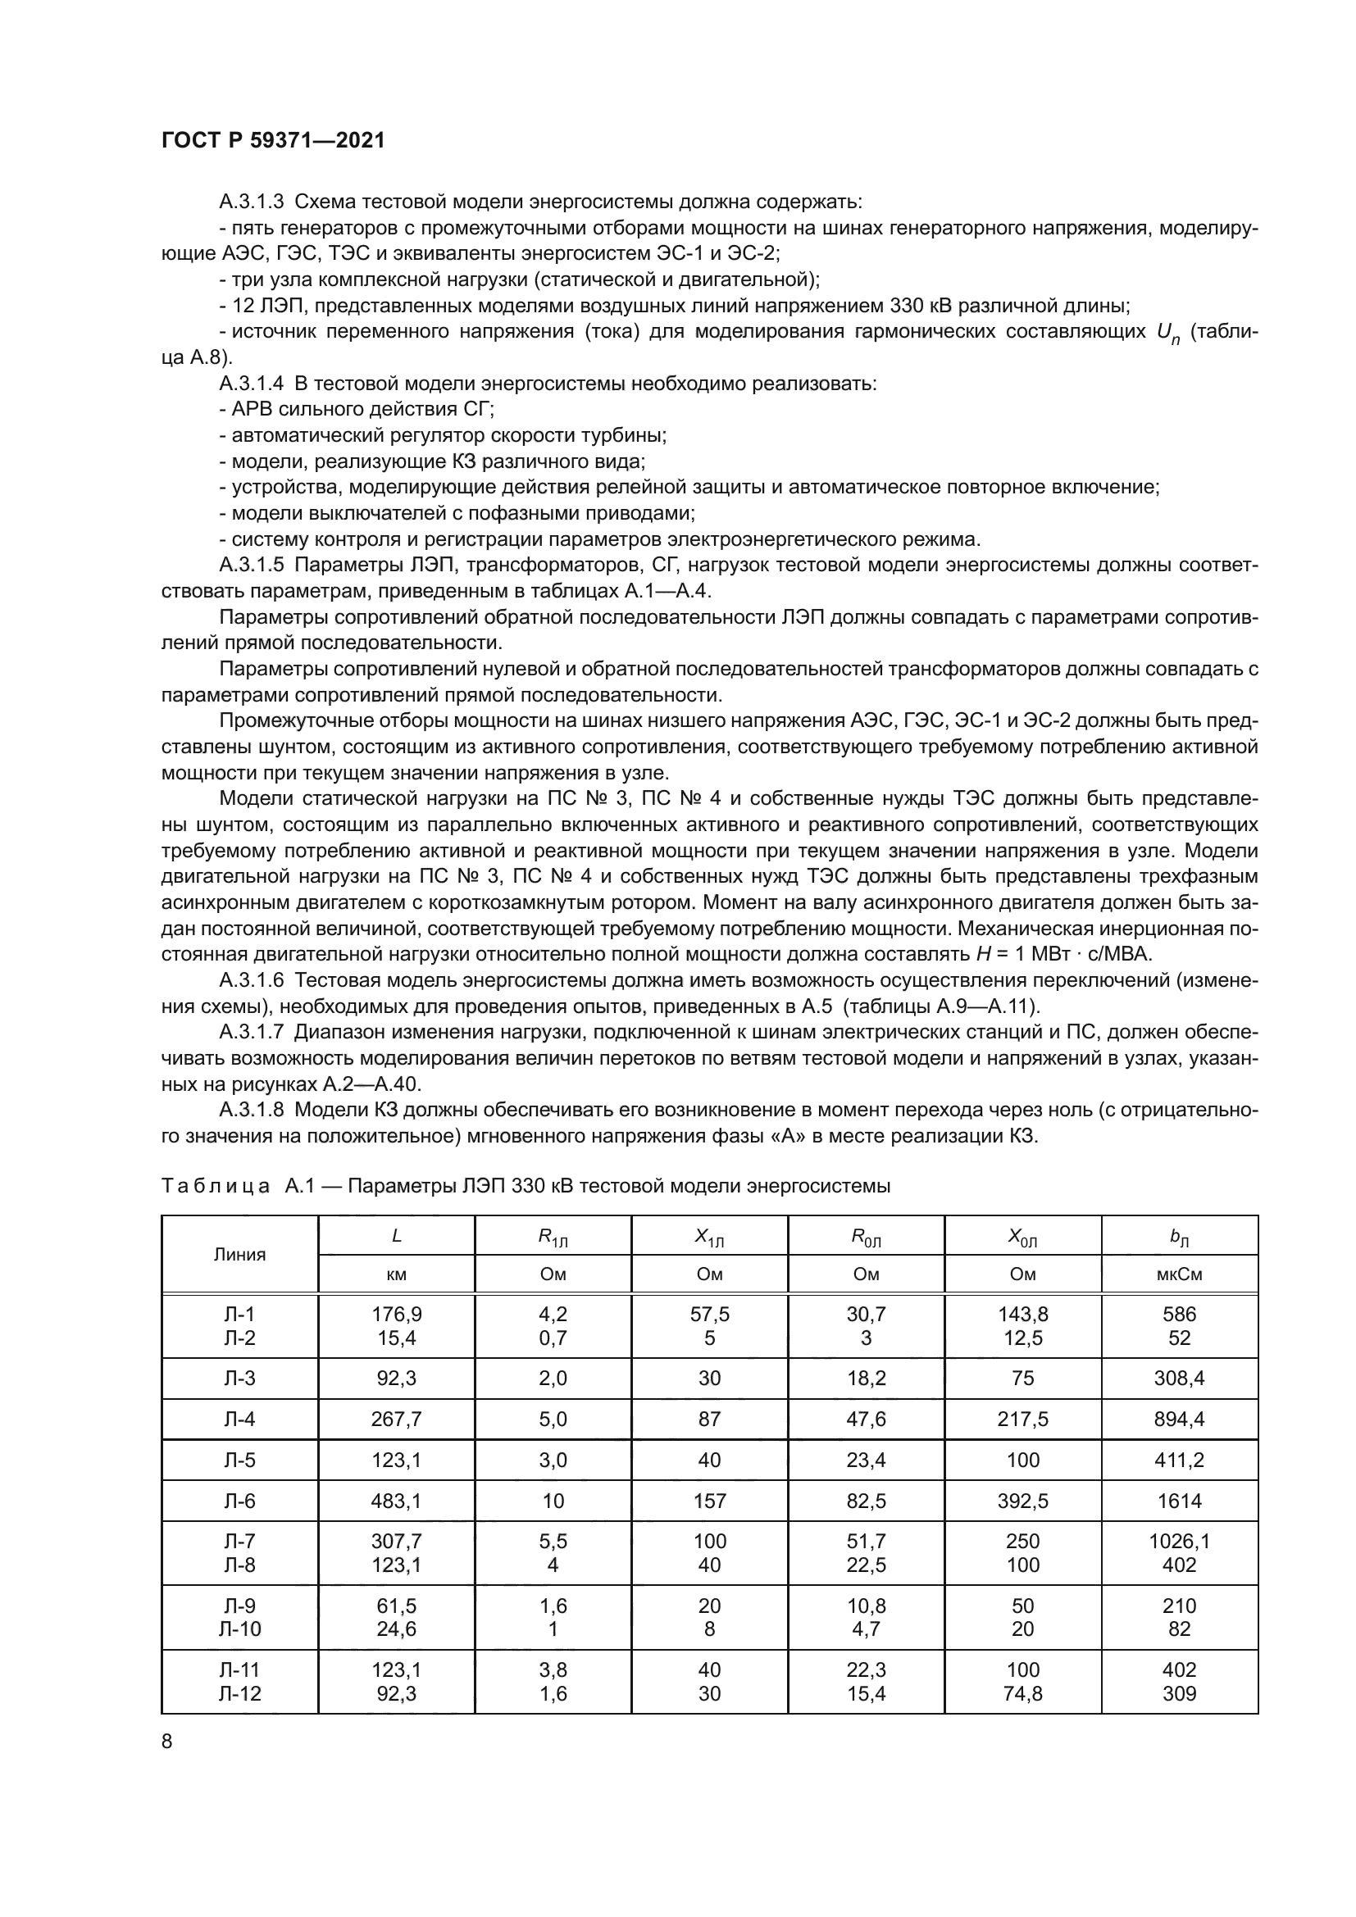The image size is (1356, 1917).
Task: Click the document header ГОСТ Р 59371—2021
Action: coord(272,140)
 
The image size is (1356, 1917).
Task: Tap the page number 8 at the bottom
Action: coord(167,1741)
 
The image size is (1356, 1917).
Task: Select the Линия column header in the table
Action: coord(239,1254)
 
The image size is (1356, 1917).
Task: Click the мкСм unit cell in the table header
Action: coord(1179,1274)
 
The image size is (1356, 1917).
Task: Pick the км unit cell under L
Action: coord(397,1274)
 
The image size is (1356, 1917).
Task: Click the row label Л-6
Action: coord(239,1501)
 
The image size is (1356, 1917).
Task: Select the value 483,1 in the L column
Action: coord(397,1501)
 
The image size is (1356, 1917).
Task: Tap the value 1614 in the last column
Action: coord(1179,1501)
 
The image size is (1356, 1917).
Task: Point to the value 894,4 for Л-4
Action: coord(1179,1419)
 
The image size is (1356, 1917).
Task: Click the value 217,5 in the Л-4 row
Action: coord(1023,1419)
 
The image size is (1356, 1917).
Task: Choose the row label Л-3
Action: coord(239,1378)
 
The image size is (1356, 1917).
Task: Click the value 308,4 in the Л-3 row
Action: coord(1179,1378)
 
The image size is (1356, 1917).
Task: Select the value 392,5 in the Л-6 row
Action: coord(1023,1501)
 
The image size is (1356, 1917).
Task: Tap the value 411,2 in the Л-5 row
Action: coord(1179,1460)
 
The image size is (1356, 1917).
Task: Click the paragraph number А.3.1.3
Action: coord(252,202)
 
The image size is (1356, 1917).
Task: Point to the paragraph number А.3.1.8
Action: coord(252,1110)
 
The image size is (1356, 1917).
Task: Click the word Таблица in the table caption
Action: coord(216,1186)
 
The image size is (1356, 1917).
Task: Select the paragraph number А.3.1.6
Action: coord(252,980)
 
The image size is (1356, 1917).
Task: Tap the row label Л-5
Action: coord(239,1460)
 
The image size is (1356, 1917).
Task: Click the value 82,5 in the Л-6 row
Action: coord(866,1501)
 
